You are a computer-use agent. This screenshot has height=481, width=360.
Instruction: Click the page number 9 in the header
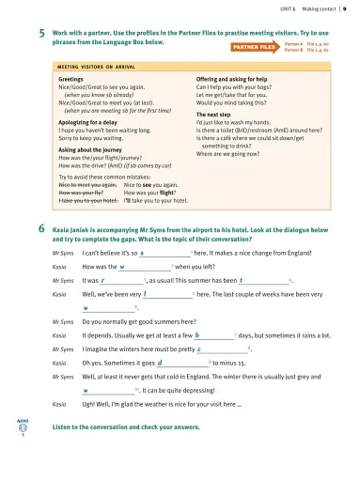point(345,8)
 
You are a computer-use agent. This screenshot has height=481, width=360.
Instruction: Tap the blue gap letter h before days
point(196,334)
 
